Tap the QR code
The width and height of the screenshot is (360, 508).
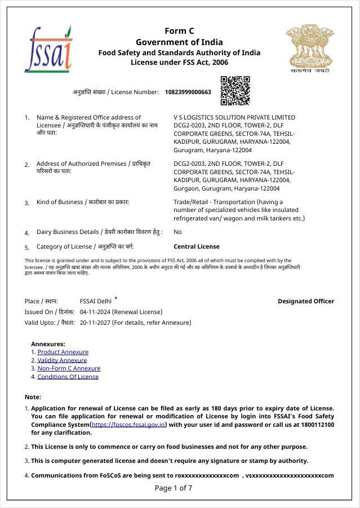pos(234,91)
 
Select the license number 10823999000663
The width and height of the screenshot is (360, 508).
pos(188,92)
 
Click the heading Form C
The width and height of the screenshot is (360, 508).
pos(179,31)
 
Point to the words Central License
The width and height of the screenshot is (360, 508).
pos(197,246)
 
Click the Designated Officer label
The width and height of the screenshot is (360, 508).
pos(306,301)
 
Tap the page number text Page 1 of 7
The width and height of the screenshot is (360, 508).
pos(174,488)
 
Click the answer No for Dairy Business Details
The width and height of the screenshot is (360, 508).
pos(177,232)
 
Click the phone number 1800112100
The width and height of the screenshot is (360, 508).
pos(317,425)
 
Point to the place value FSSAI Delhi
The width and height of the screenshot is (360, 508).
pos(96,301)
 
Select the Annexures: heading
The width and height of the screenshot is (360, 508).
pos(48,343)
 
